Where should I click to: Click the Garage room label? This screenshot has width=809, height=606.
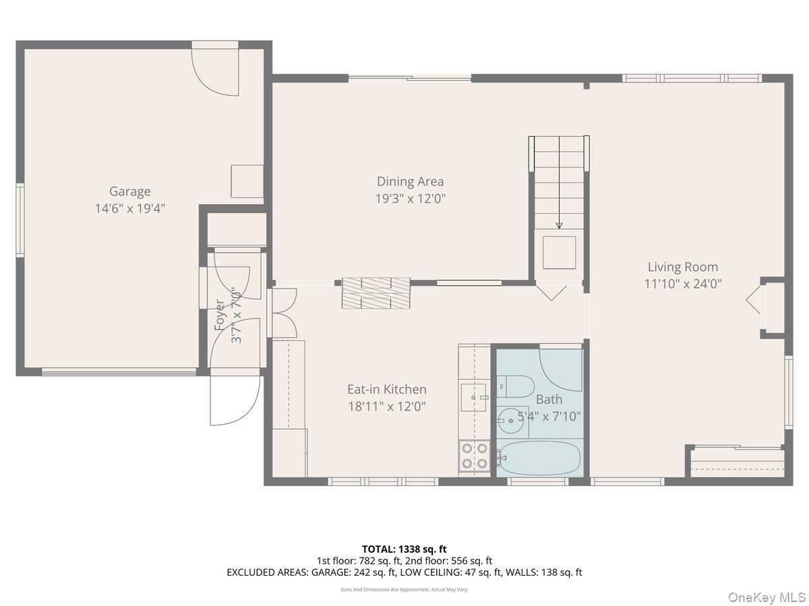(130, 192)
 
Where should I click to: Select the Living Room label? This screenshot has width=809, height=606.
(683, 267)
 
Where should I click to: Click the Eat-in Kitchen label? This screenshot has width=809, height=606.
(386, 389)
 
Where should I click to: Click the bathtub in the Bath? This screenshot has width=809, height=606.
(539, 458)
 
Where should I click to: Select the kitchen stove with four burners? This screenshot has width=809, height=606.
(474, 456)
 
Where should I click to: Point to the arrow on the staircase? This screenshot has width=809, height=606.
(559, 225)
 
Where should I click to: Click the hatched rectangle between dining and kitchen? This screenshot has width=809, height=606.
(376, 293)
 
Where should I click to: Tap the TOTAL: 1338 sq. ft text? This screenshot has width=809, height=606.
(404, 549)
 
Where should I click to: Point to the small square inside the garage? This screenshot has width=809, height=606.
(247, 181)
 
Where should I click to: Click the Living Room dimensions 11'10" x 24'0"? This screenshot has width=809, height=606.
(683, 284)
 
